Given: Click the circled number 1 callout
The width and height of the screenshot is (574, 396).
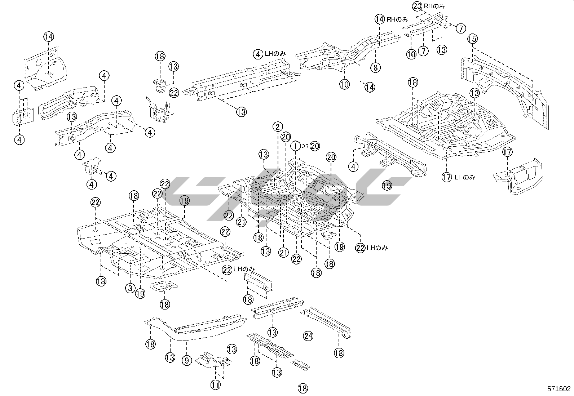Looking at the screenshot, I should click(x=295, y=146).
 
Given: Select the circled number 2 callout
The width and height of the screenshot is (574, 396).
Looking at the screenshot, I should click(x=277, y=126).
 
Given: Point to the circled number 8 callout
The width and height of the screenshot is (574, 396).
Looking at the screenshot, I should click(x=375, y=67).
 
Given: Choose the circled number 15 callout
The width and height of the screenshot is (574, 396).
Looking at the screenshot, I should click(x=472, y=39).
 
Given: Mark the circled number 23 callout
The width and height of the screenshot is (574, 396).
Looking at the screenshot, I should click(x=417, y=6).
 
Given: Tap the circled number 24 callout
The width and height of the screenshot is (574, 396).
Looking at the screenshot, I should click(x=308, y=336).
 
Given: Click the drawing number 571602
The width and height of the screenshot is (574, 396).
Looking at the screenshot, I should click(x=559, y=389).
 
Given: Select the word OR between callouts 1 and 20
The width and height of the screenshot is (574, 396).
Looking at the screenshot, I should click(x=305, y=146).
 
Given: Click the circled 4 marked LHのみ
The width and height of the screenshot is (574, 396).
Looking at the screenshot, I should click(x=258, y=54).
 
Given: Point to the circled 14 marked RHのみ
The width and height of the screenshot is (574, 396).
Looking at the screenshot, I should click(x=380, y=19).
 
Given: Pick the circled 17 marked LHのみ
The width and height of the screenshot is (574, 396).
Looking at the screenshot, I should click(x=447, y=177).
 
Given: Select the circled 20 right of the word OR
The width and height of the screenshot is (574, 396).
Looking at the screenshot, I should click(x=314, y=146).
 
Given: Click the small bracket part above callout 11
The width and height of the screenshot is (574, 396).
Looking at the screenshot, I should click(x=214, y=361).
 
